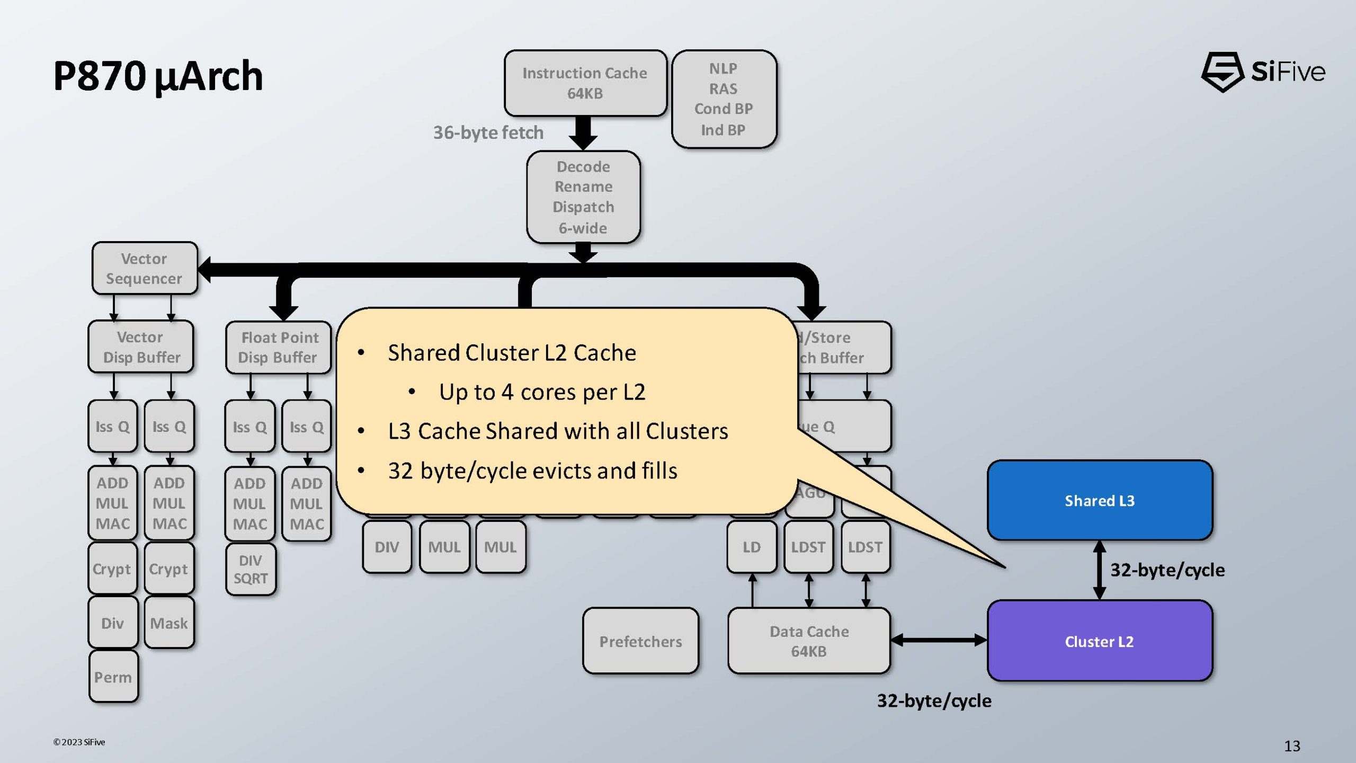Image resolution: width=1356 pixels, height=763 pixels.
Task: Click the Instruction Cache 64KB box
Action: point(585,83)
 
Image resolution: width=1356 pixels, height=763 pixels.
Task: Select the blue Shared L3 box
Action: point(1100,500)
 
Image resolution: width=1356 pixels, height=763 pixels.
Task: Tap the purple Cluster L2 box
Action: point(1100,641)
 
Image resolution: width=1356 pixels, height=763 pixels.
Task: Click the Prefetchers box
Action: point(640,641)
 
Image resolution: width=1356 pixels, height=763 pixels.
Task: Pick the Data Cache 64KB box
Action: point(809,641)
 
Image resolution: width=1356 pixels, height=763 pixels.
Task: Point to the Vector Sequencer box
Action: point(144,268)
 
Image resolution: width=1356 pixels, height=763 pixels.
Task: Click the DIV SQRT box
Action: point(251,569)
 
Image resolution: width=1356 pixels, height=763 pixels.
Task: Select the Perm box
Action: point(113,677)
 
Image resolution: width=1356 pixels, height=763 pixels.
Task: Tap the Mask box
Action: point(169,623)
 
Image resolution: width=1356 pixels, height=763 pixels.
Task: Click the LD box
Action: point(751,547)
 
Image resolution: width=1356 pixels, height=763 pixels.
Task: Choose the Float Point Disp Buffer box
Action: point(279,347)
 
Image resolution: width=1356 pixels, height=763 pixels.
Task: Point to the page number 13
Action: point(1292,746)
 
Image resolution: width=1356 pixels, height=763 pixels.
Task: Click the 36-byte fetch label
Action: point(488,132)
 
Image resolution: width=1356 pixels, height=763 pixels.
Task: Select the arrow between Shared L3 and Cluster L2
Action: point(1100,570)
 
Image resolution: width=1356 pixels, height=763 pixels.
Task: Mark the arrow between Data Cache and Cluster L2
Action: point(939,641)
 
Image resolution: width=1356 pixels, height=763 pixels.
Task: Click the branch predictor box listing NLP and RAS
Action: point(724,99)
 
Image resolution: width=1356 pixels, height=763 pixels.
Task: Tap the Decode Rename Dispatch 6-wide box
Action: point(583,197)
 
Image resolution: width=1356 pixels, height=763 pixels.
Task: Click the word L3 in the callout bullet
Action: point(399,431)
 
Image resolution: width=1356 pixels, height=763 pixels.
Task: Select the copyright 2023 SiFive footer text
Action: point(79,742)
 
